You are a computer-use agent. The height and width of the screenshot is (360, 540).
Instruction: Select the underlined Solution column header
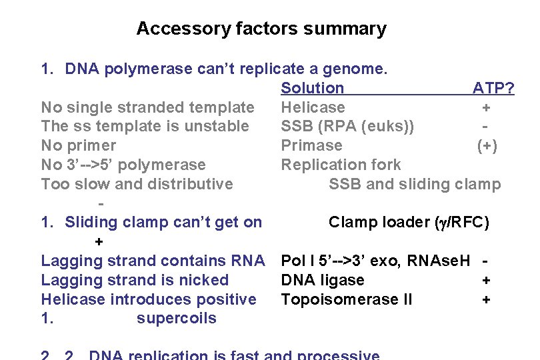313,88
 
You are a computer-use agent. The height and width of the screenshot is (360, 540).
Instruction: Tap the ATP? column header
493,88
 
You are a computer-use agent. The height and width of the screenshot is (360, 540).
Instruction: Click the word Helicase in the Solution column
313,107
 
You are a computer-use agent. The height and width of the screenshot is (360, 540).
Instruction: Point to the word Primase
311,145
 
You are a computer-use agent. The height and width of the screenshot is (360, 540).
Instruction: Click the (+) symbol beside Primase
487,145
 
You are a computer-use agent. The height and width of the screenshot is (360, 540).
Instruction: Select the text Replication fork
341,165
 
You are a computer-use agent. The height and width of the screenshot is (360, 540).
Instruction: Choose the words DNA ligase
323,280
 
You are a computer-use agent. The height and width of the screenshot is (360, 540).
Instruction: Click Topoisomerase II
347,299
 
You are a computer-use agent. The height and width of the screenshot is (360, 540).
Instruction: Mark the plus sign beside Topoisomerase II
486,299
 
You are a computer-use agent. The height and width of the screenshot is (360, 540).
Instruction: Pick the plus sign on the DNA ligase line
486,280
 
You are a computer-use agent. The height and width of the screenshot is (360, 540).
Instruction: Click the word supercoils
177,318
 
